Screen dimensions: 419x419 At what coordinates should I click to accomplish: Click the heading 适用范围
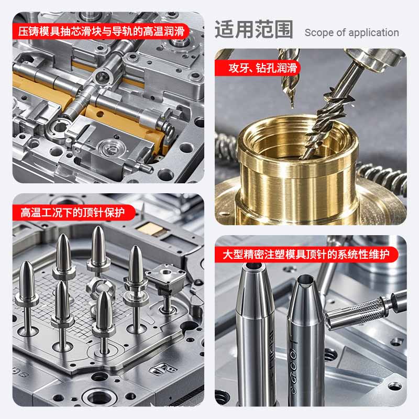254,29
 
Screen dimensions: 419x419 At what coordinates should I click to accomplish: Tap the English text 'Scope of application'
351,32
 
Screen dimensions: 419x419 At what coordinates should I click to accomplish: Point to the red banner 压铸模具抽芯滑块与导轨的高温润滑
101,31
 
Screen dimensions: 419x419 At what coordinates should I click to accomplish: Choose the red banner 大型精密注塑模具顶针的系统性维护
306,254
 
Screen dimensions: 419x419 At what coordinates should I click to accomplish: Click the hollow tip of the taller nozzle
253,266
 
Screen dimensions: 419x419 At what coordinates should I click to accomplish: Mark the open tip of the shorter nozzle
306,280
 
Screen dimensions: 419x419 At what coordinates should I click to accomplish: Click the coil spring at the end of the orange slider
169,130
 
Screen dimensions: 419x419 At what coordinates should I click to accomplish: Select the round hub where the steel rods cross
103,78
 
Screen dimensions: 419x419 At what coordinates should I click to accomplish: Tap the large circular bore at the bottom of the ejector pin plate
99,398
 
